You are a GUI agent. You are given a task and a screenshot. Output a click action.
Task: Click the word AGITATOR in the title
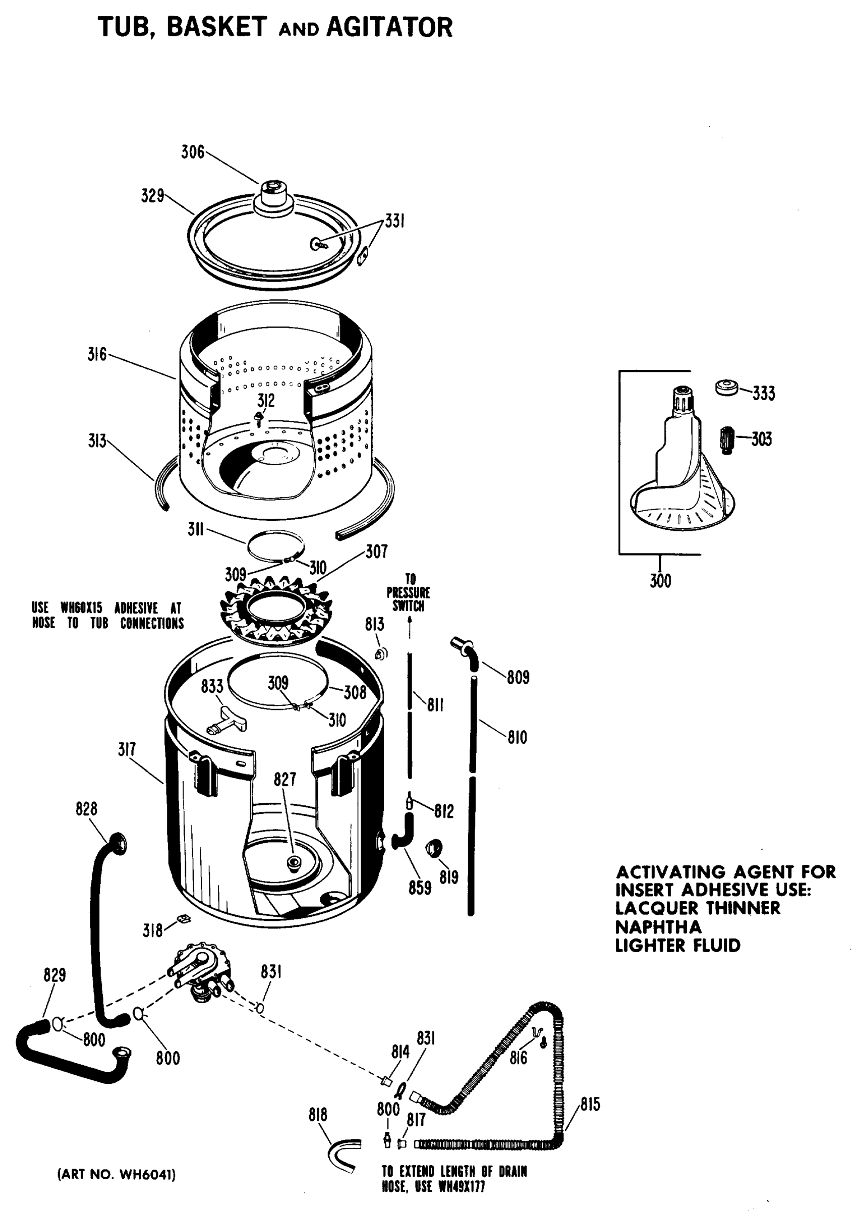(389, 27)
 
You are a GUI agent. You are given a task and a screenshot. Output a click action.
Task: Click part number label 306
(193, 152)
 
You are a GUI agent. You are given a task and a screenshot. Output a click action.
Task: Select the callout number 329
(152, 196)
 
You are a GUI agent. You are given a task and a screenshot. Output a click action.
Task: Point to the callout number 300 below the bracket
(660, 581)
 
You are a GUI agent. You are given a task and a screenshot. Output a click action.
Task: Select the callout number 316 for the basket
(97, 354)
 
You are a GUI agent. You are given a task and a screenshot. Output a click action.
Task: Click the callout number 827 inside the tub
(285, 779)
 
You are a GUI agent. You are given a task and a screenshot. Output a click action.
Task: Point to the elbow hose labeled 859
(404, 834)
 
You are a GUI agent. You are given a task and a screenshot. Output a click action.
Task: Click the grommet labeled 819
(434, 848)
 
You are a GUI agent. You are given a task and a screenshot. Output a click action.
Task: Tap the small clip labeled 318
(184, 919)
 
